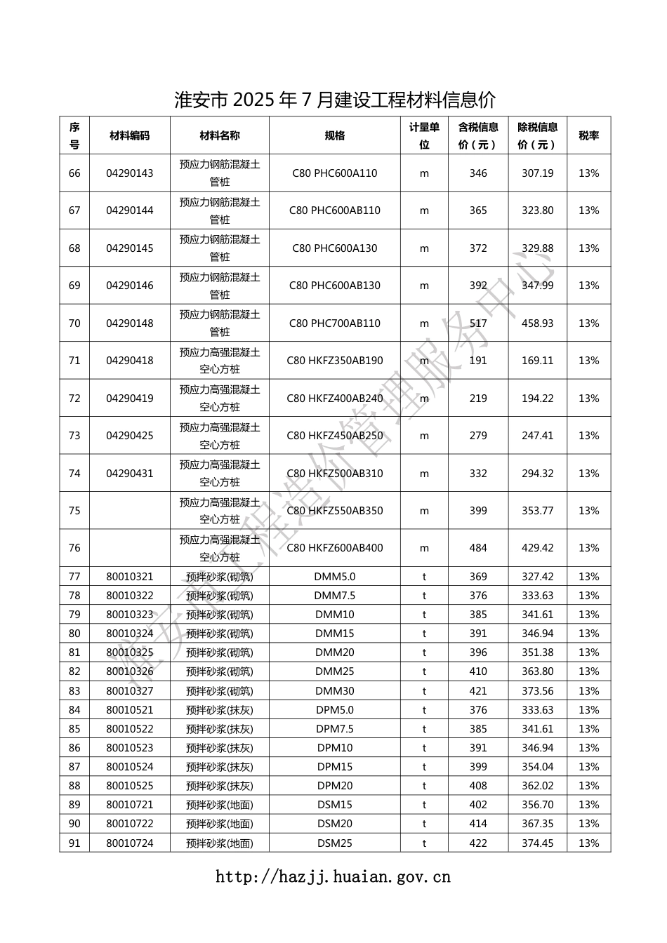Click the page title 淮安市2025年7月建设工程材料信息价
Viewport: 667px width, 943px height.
[x=334, y=100]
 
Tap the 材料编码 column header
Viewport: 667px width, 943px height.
[x=130, y=135]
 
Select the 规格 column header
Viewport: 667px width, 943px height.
[x=335, y=135]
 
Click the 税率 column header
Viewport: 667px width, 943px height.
[x=588, y=135]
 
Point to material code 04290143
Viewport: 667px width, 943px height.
[x=130, y=173]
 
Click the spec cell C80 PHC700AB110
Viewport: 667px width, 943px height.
[x=335, y=323]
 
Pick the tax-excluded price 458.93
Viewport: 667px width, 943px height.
[x=537, y=323]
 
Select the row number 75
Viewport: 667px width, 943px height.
[x=74, y=511]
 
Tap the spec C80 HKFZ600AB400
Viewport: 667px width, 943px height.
[x=335, y=548]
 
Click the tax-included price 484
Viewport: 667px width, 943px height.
[x=478, y=548]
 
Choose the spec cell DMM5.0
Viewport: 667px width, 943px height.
[x=335, y=577]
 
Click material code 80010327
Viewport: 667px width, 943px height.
[x=130, y=691]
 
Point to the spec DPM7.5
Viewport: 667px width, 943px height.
[x=335, y=729]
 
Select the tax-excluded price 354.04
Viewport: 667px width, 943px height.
[x=537, y=767]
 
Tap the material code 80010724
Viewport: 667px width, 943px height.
[x=130, y=843]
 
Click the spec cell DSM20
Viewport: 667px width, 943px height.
[x=335, y=824]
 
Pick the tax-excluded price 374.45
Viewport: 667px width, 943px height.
[x=537, y=843]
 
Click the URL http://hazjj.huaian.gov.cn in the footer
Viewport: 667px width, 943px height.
[x=333, y=876]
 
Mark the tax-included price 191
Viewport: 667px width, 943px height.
[x=478, y=361]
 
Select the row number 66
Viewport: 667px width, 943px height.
[x=74, y=173]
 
